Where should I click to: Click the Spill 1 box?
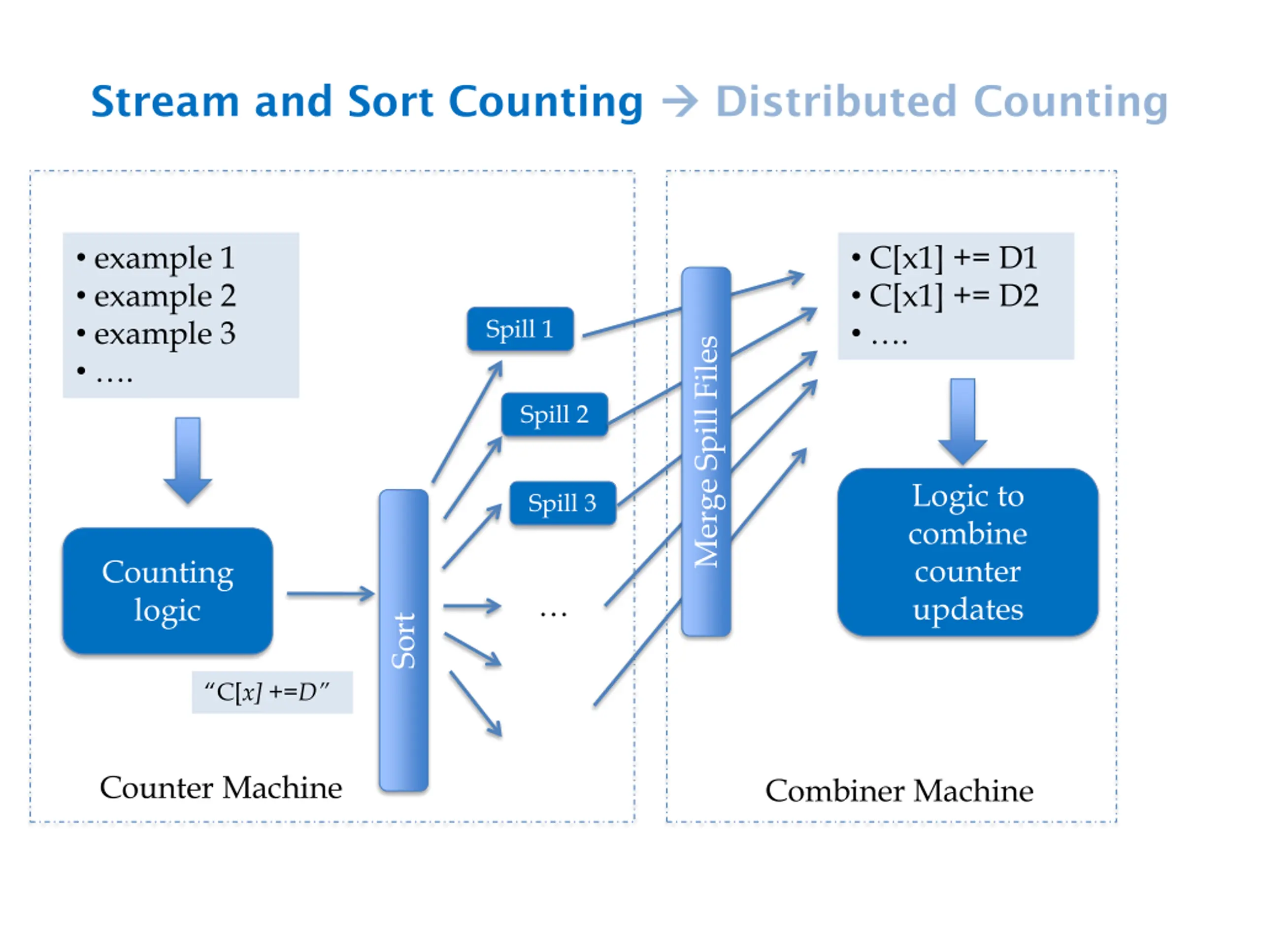pos(519,329)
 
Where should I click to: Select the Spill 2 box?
pos(554,414)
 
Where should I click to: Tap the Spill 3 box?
pos(562,503)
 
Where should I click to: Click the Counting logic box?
pos(167,591)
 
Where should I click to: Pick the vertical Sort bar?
pos(403,641)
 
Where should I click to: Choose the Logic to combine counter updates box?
pos(967,552)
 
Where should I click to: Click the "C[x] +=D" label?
pos(271,692)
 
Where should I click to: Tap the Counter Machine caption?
pos(221,788)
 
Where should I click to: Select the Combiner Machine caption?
pos(899,791)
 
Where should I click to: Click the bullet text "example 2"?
pos(164,296)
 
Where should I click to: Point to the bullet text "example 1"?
pos(164,258)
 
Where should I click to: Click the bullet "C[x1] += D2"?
pos(953,296)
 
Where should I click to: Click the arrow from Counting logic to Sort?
pos(330,594)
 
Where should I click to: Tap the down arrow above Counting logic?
pos(188,460)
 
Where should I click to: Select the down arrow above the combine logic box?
pos(962,421)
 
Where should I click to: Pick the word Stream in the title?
pos(165,101)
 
